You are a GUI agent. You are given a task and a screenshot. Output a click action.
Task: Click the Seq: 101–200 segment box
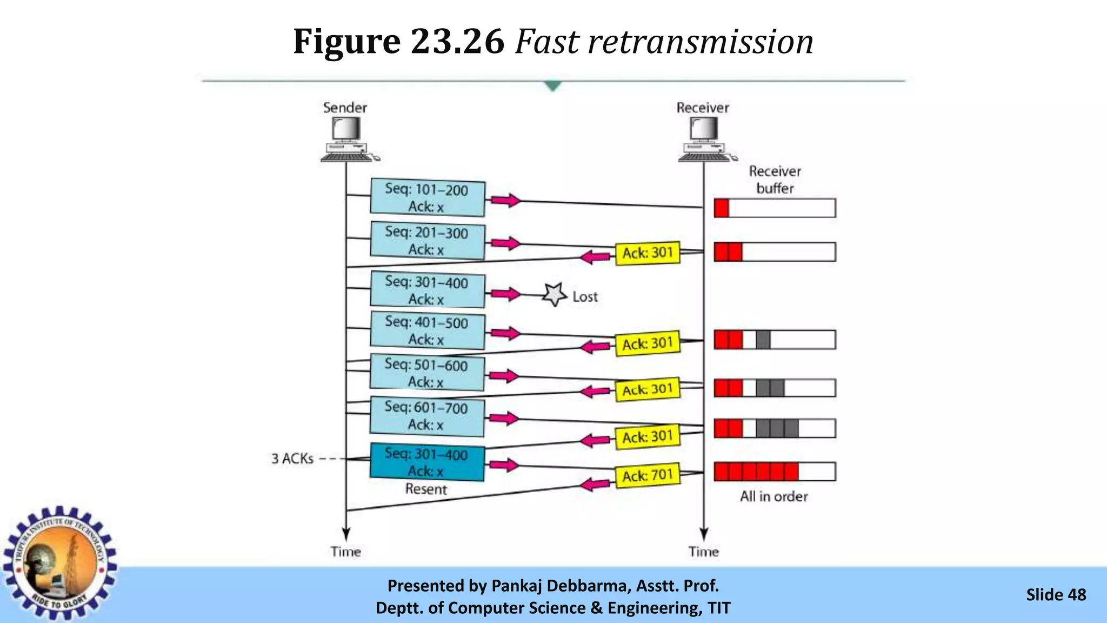point(427,197)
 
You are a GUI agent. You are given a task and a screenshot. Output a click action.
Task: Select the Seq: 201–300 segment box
point(427,241)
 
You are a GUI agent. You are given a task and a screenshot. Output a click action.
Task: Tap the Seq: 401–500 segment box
point(427,330)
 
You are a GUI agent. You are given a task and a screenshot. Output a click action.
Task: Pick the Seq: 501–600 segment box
point(427,373)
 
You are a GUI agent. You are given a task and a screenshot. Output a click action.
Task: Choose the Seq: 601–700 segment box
point(427,416)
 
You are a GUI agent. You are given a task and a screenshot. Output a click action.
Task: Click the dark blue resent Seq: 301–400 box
point(427,462)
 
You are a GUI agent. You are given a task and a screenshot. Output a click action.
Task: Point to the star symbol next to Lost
point(555,295)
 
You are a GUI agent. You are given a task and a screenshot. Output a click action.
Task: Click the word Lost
point(585,297)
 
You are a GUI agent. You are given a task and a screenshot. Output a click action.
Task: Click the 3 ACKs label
point(292,459)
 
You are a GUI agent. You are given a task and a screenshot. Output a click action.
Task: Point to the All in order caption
point(774,496)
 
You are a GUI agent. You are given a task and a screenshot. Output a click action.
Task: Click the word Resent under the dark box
point(426,489)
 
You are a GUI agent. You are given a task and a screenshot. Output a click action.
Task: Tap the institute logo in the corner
point(59,562)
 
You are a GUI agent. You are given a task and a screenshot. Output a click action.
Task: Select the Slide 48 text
point(1056,595)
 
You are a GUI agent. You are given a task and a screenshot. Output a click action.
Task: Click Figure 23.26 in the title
point(398,42)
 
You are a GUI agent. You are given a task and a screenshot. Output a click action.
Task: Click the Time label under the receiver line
point(703,552)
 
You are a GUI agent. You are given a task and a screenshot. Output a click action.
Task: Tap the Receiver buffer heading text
point(775,180)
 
